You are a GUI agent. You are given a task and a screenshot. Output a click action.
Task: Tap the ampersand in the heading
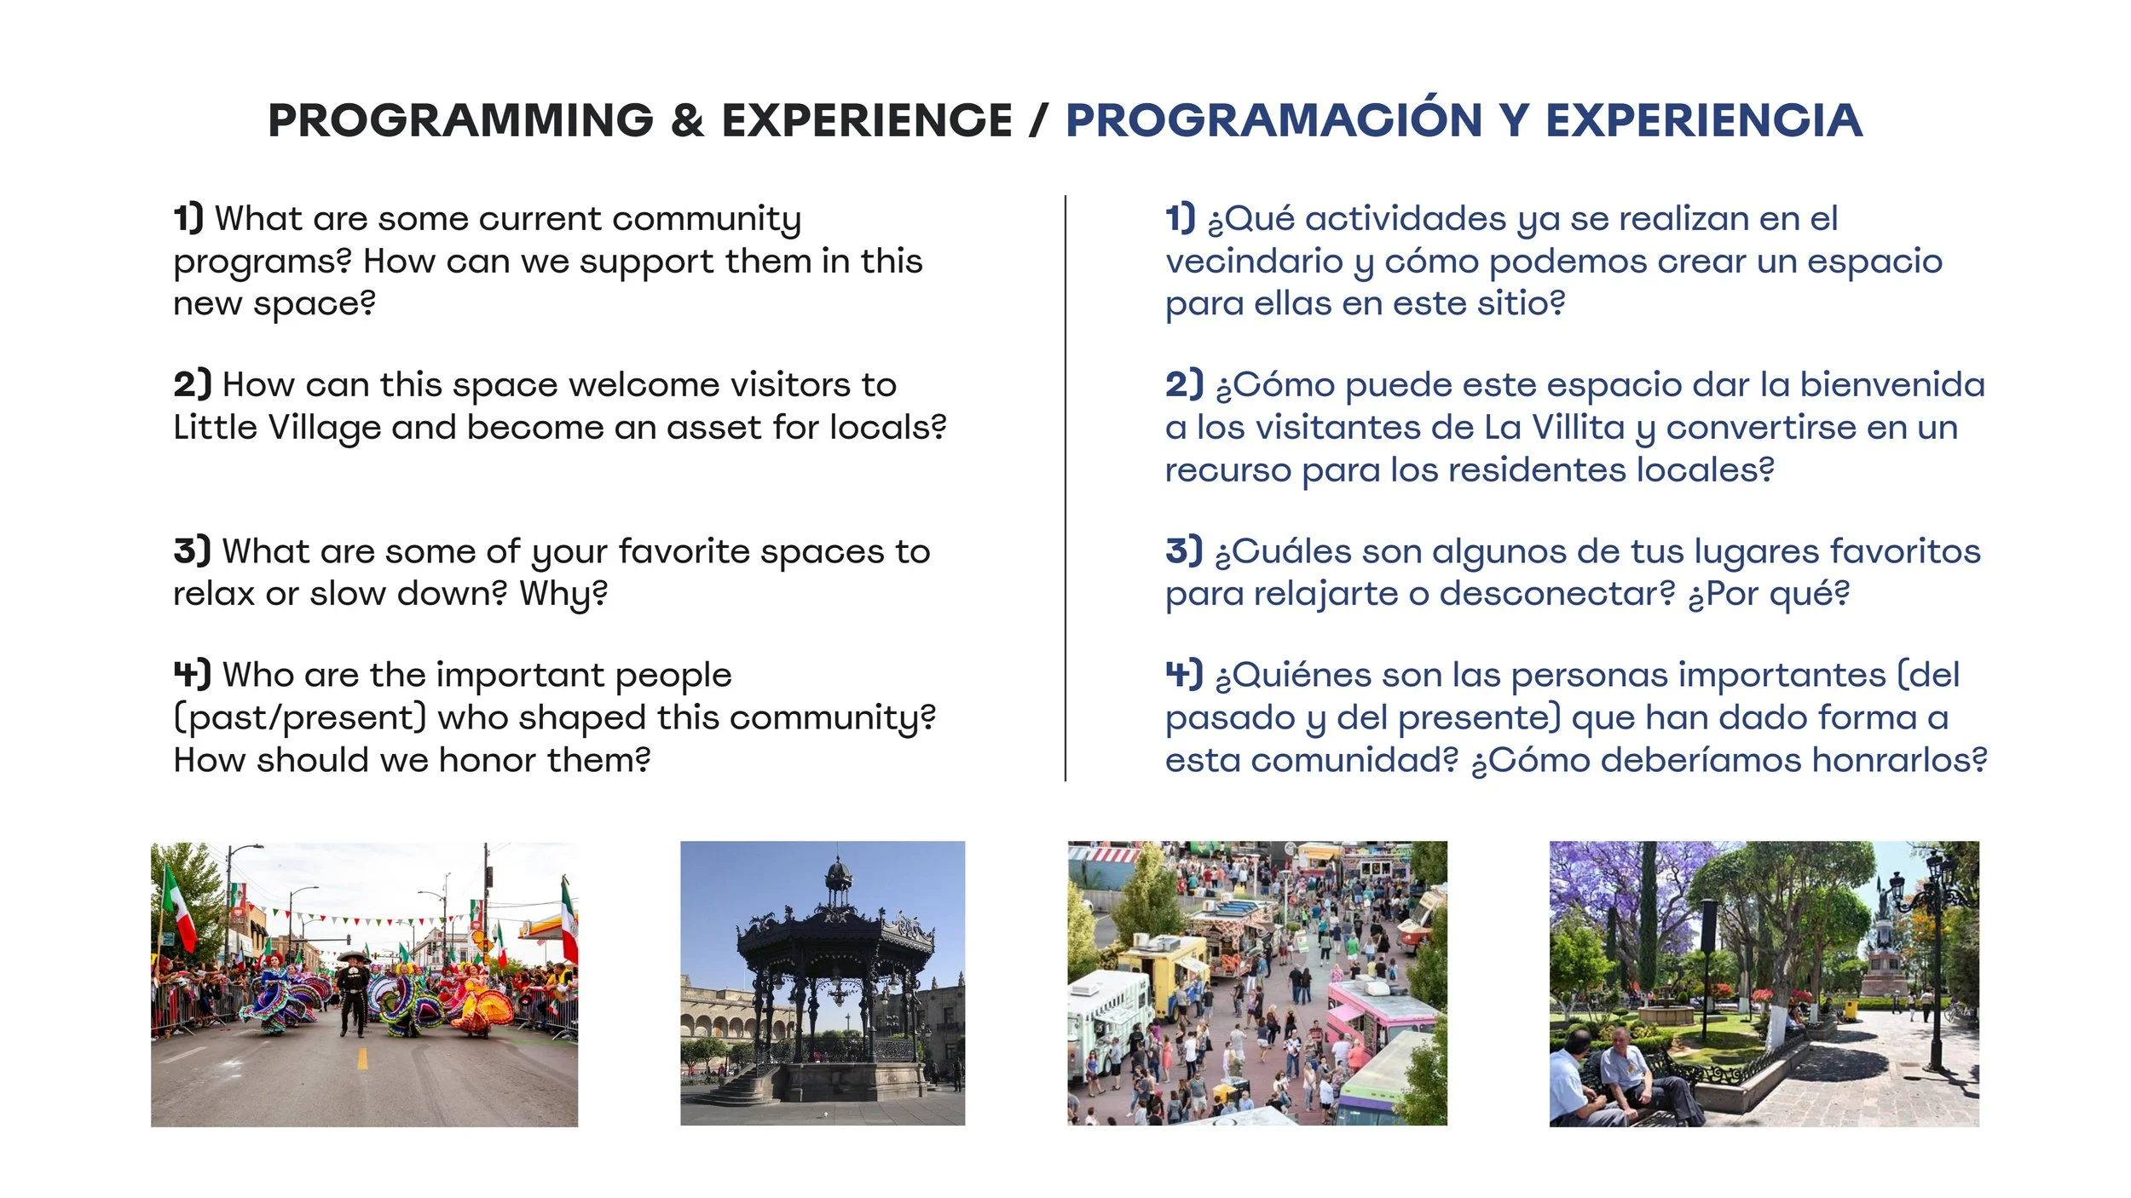click(687, 120)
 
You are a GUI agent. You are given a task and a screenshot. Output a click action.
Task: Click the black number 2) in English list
click(192, 384)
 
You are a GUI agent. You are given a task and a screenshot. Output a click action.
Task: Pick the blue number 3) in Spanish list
click(1184, 550)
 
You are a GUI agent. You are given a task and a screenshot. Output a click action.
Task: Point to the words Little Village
click(276, 427)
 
